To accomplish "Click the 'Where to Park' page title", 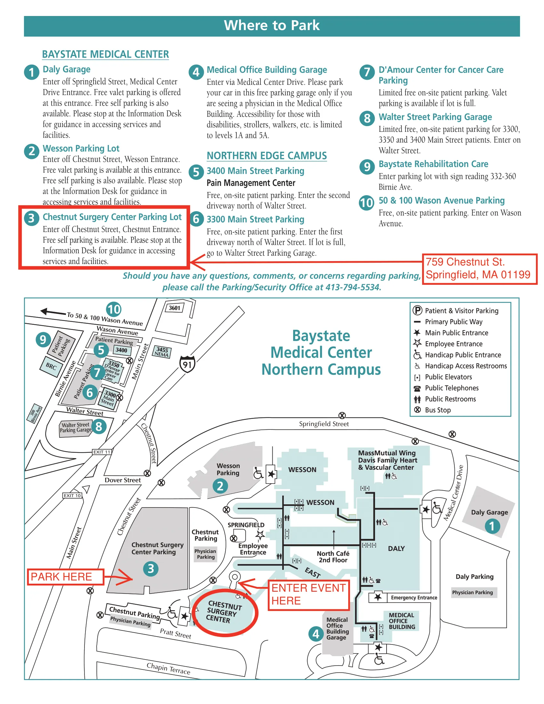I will coord(272,26).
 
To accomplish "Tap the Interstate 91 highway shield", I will coord(187,364).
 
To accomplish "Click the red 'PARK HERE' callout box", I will coord(65,577).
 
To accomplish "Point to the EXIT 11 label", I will coord(102,452).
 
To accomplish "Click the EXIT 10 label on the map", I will coord(72,495).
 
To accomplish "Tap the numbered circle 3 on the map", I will coord(150,569).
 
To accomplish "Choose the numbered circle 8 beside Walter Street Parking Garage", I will coord(99,427).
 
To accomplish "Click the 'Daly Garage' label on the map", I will coord(489,512).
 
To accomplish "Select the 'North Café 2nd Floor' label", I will coord(333,557).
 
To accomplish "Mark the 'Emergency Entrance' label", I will coord(414,598).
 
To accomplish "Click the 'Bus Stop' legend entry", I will coord(438,410).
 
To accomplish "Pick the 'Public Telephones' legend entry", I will coord(452,388).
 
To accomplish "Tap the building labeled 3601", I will coord(175,308).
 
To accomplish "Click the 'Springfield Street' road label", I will coord(324,424).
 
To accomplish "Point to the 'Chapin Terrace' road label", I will coord(168,668).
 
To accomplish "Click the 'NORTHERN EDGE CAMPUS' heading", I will coord(267,156).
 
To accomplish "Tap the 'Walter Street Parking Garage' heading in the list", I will coord(435,117).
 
